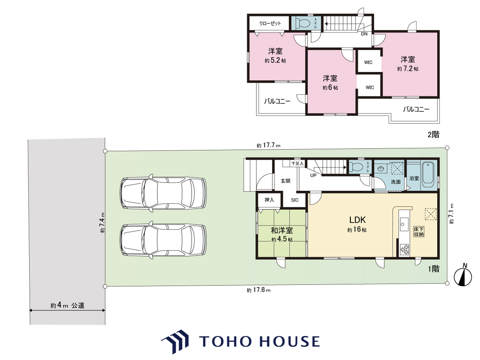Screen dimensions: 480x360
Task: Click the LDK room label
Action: pos(357,220)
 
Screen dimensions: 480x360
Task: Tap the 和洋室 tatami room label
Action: pos(282,230)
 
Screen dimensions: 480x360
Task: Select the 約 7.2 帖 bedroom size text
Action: pos(408,69)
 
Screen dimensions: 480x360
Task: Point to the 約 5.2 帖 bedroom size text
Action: pos(275,60)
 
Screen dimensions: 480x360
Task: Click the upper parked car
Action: pos(163,193)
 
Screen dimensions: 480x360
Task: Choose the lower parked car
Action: pos(163,240)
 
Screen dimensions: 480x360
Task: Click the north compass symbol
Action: pos(463,276)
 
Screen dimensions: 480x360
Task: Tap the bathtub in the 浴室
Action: pos(428,174)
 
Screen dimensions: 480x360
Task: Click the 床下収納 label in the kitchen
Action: pos(418,232)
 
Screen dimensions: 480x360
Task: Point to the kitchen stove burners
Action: pos(404,249)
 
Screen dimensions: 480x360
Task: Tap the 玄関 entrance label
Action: pos(286,181)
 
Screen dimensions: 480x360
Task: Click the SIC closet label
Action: pos(294,200)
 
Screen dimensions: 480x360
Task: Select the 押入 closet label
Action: pos(269,200)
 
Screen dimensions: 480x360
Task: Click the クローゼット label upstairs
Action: pos(270,23)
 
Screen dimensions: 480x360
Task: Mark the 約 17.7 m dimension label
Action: pos(268,145)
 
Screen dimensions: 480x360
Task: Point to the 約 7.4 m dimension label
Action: pos(102,222)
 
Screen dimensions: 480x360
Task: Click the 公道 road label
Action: pos(78,305)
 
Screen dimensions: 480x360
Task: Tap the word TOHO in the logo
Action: pos(225,342)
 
